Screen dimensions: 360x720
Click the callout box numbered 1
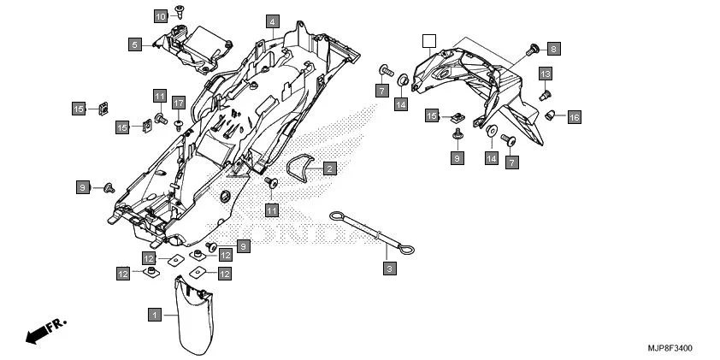point(155,315)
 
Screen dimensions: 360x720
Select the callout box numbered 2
point(328,169)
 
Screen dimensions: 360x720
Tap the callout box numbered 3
point(389,269)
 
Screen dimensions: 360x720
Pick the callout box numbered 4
point(271,21)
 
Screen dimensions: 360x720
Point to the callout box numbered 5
point(135,44)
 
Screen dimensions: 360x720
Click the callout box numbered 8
point(553,49)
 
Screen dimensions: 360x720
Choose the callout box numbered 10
point(161,16)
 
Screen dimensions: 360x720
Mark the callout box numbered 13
point(545,75)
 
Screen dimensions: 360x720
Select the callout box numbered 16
point(574,116)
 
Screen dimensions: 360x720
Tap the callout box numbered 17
point(178,103)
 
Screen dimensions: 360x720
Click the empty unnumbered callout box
point(429,39)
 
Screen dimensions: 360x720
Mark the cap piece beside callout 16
point(552,114)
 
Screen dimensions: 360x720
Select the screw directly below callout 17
point(179,124)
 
